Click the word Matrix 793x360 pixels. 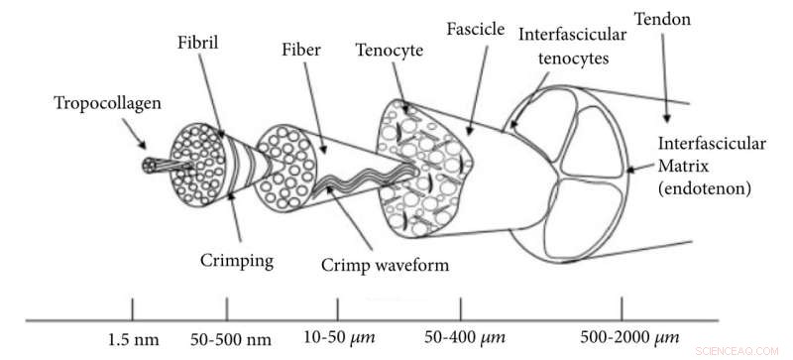(683, 164)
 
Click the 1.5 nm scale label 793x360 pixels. (132, 342)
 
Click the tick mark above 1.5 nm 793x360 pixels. (132, 307)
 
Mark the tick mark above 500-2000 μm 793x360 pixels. (622, 307)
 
